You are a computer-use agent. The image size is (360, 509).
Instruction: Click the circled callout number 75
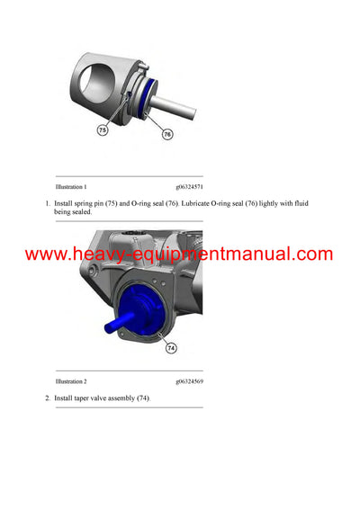tap(102, 130)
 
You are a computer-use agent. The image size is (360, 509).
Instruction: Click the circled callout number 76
tap(166, 134)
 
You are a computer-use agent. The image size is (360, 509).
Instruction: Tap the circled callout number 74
tap(171, 347)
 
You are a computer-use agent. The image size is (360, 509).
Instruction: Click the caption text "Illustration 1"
tap(71, 186)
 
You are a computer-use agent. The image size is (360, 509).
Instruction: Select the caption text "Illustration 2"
tap(71, 381)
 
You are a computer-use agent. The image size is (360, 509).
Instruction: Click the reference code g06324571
tap(189, 186)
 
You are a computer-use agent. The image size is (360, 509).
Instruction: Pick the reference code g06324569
tap(189, 381)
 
